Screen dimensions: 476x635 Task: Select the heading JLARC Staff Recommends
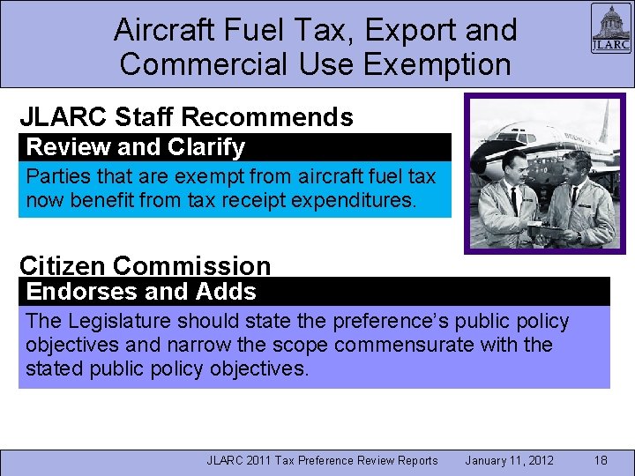pos(186,117)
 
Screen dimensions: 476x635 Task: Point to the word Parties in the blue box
pos(56,175)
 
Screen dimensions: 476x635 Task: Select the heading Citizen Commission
pos(146,265)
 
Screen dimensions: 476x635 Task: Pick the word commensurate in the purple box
pos(409,345)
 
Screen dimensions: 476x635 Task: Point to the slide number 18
pos(601,460)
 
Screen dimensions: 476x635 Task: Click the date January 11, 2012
pos(509,460)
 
